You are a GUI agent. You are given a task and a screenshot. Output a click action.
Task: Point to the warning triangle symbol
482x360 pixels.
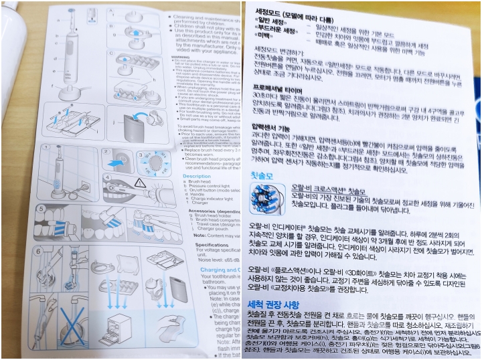(139, 182)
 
